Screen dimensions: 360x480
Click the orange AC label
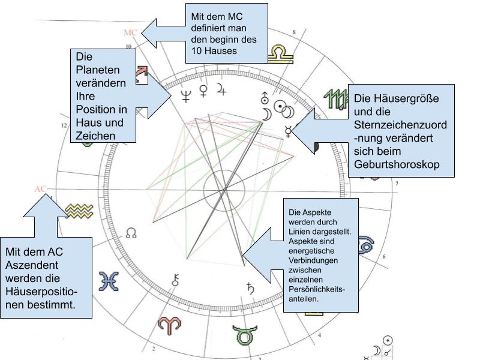pos(40,189)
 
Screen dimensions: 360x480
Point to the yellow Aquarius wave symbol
pos(79,210)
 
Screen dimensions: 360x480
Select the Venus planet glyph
pos(204,90)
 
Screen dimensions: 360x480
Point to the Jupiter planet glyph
pos(222,90)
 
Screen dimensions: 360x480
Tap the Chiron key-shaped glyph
pos(176,279)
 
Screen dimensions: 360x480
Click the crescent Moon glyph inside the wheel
pos(265,114)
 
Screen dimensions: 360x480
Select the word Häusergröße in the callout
pos(397,98)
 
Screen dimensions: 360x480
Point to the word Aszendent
pos(31,265)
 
